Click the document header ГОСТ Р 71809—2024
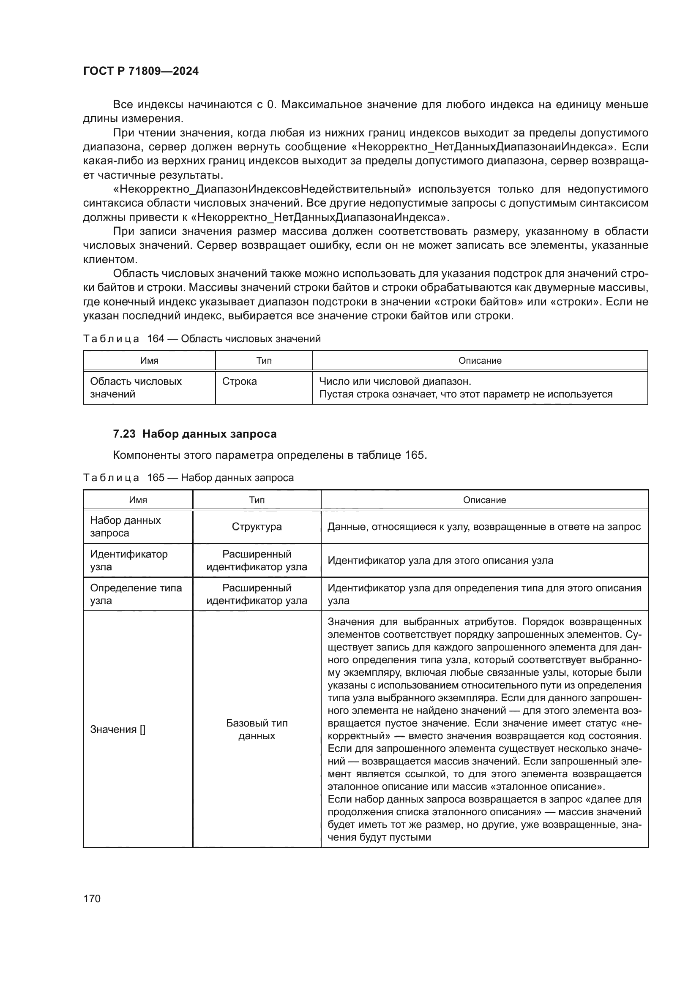[141, 71]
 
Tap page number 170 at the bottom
[92, 898]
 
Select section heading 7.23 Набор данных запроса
[194, 434]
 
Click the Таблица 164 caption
[202, 339]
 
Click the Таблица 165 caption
[188, 478]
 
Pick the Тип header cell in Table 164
[264, 361]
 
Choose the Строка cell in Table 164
[239, 381]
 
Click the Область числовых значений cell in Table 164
[136, 387]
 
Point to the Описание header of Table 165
[484, 500]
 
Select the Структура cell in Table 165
[257, 527]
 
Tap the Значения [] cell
[117, 729]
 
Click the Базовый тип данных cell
[257, 729]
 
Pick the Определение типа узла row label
[136, 594]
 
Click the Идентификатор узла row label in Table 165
[128, 560]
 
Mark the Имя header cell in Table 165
[138, 500]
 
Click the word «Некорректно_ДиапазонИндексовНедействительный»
[262, 189]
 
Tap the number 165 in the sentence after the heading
[415, 455]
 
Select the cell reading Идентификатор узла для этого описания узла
[440, 561]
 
